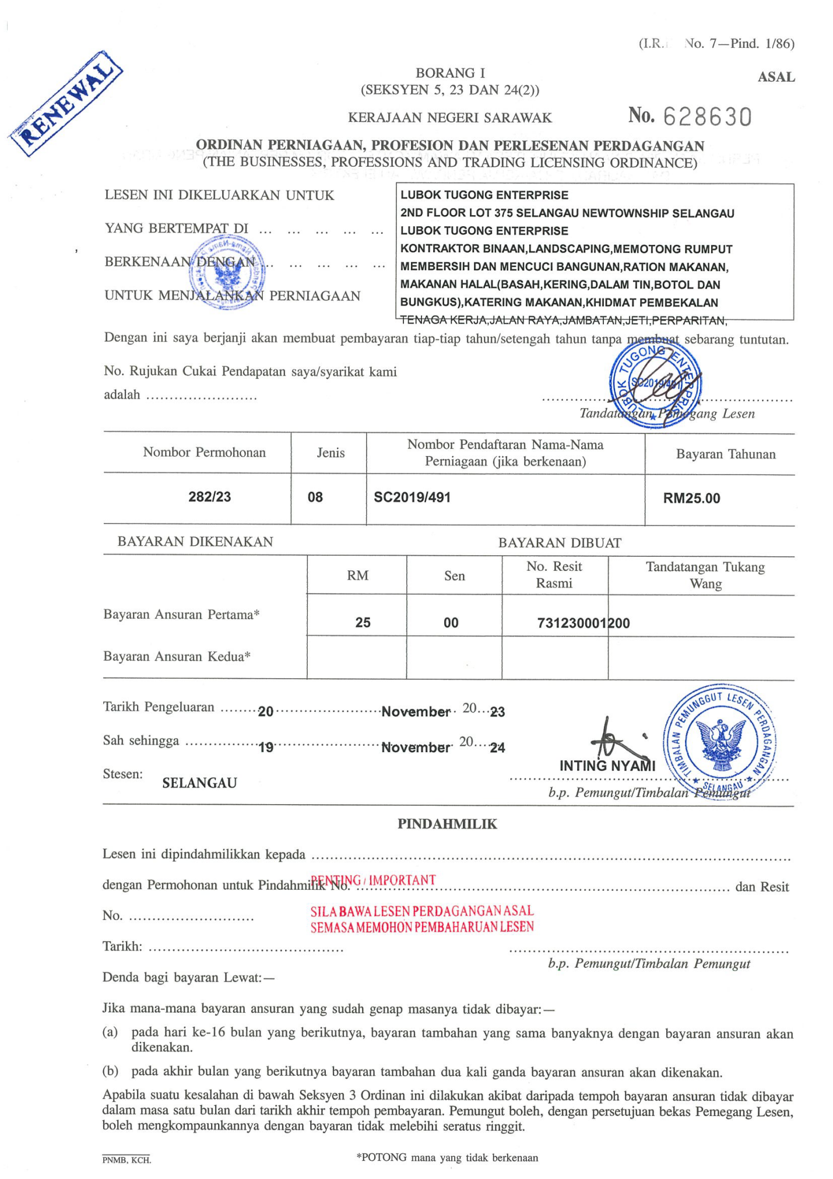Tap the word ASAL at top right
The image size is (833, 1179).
click(x=776, y=77)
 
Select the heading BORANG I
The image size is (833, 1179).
click(x=450, y=73)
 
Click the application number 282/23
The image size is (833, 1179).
click(x=209, y=497)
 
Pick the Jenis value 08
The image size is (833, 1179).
click(x=315, y=497)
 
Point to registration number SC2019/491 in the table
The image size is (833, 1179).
click(x=412, y=497)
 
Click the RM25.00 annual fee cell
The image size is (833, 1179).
click(x=691, y=499)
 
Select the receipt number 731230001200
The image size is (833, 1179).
click(x=583, y=623)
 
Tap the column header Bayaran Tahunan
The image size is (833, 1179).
click(x=725, y=454)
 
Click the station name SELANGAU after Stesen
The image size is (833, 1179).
click(x=199, y=783)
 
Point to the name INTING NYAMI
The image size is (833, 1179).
click(x=607, y=766)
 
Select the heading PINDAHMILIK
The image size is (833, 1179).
click(x=447, y=823)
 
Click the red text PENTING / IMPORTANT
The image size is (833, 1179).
click(x=373, y=880)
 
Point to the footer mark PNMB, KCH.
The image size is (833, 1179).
click(x=126, y=1160)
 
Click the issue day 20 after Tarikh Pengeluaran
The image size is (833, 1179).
click(x=266, y=711)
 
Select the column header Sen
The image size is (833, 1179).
click(x=454, y=576)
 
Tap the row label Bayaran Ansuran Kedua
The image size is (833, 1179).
click(x=177, y=657)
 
